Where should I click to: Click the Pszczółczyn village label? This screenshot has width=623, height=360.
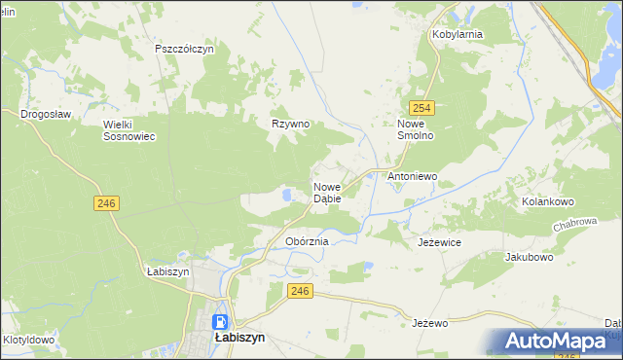pyautogui.click(x=191, y=48)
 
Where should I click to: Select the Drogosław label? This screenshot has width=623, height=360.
pyautogui.click(x=46, y=114)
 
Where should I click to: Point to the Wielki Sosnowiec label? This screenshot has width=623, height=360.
pyautogui.click(x=129, y=130)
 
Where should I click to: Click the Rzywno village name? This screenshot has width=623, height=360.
pyautogui.click(x=290, y=125)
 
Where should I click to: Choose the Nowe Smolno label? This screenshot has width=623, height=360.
pyautogui.click(x=421, y=130)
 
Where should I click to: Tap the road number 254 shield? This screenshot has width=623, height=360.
pyautogui.click(x=421, y=108)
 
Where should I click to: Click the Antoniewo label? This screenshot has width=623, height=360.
pyautogui.click(x=413, y=177)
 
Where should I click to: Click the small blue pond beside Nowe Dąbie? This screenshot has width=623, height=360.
pyautogui.click(x=286, y=196)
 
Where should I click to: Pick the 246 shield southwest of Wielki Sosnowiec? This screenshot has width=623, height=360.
pyautogui.click(x=107, y=201)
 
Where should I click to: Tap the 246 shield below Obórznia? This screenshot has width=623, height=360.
pyautogui.click(x=300, y=291)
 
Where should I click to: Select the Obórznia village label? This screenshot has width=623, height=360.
pyautogui.click(x=307, y=240)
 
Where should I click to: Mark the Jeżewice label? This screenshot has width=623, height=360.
pyautogui.click(x=439, y=241)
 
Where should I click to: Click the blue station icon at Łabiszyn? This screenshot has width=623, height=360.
pyautogui.click(x=221, y=322)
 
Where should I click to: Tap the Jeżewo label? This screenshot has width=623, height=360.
pyautogui.click(x=428, y=322)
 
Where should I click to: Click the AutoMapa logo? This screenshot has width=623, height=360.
pyautogui.click(x=556, y=342)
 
